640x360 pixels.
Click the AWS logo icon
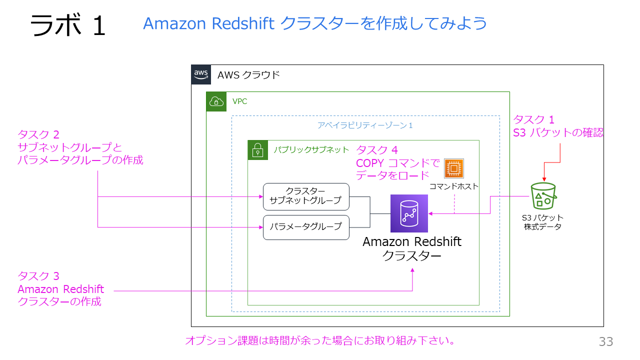click(201, 74)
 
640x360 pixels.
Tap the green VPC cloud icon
click(216, 101)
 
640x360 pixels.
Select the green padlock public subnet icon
click(257, 150)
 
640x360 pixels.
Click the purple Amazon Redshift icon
click(409, 213)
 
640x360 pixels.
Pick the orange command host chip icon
click(453, 168)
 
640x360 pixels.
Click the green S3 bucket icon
click(543, 195)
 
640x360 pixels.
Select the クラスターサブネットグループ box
click(306, 196)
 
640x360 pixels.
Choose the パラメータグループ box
click(306, 227)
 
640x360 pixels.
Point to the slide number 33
click(606, 342)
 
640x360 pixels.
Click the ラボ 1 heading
click(68, 25)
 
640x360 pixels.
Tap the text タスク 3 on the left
click(38, 276)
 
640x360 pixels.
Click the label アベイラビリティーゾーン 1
click(365, 125)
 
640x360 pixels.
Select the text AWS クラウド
click(248, 75)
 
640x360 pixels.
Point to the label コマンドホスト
click(453, 186)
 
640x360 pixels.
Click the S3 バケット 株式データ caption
click(542, 222)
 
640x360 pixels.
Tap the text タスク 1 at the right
click(534, 120)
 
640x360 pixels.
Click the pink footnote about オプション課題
click(320, 341)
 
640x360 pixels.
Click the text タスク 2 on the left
click(38, 134)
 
